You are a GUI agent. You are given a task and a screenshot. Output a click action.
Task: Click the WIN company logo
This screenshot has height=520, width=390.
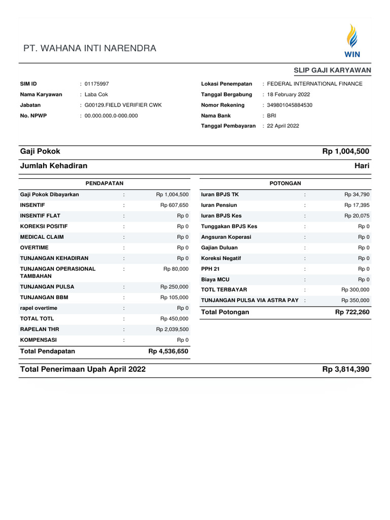click(x=351, y=41)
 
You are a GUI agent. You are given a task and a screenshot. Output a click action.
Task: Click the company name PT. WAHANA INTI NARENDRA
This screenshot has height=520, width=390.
click(x=90, y=49)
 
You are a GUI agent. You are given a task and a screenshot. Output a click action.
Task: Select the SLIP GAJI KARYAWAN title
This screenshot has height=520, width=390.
click(x=332, y=70)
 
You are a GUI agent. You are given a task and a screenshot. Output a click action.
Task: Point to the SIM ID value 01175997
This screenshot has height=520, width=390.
click(x=96, y=84)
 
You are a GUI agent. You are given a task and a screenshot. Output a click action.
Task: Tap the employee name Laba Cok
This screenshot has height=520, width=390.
click(x=96, y=94)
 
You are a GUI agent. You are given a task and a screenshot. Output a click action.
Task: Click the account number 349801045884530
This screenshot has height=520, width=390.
click(x=289, y=105)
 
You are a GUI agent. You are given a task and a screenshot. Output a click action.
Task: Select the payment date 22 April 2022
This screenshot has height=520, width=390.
click(x=283, y=126)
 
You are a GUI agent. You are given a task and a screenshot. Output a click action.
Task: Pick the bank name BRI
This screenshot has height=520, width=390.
click(x=272, y=116)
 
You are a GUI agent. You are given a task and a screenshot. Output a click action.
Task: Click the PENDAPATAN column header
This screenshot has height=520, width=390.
click(x=105, y=183)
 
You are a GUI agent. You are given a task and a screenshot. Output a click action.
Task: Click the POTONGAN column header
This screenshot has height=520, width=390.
click(x=285, y=183)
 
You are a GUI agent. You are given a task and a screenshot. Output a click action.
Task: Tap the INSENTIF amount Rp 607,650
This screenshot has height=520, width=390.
click(x=174, y=205)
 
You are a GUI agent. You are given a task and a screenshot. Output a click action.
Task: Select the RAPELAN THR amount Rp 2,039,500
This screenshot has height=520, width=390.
click(x=172, y=329)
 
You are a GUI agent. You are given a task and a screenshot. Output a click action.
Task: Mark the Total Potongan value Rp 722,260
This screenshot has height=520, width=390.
click(x=352, y=312)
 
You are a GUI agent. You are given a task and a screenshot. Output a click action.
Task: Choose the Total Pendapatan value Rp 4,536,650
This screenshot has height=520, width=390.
click(x=168, y=351)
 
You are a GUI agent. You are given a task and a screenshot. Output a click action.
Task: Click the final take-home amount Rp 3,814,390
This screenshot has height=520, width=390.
click(x=345, y=369)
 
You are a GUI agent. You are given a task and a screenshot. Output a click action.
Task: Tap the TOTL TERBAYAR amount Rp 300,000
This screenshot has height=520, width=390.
click(x=355, y=289)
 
